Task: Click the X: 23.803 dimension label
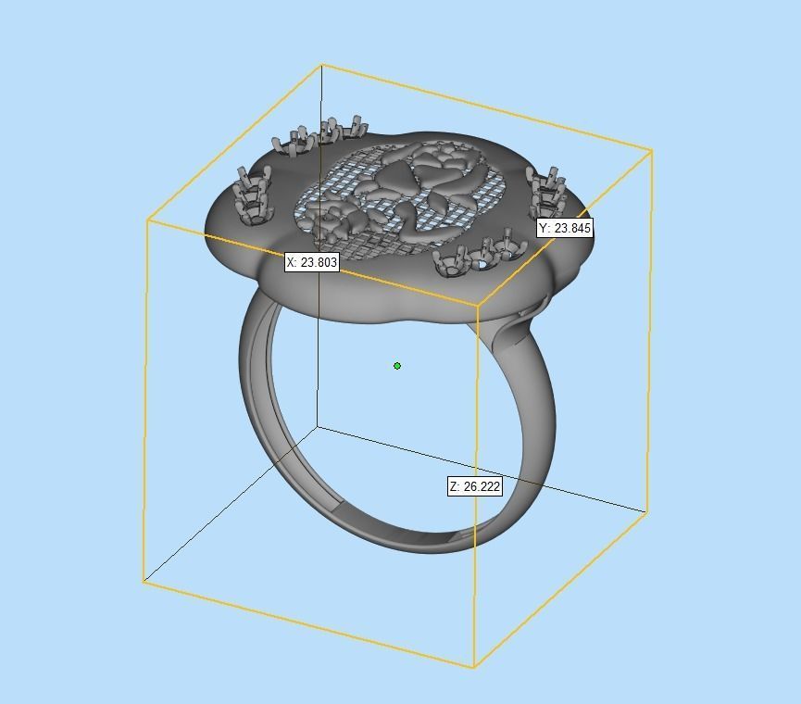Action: click(x=312, y=262)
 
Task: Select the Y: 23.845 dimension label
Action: click(x=564, y=228)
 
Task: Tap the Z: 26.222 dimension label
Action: click(x=475, y=486)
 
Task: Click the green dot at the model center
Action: click(x=397, y=366)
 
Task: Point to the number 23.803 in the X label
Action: click(x=319, y=262)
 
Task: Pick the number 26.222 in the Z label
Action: click(x=482, y=486)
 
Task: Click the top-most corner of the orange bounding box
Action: click(x=321, y=65)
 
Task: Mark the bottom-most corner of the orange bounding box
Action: click(x=473, y=666)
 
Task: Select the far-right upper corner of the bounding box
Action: click(x=652, y=150)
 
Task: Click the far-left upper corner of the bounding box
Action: click(x=148, y=220)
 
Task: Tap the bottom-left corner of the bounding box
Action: click(x=144, y=581)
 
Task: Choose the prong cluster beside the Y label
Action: click(x=548, y=192)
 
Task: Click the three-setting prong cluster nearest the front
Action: click(x=480, y=255)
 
